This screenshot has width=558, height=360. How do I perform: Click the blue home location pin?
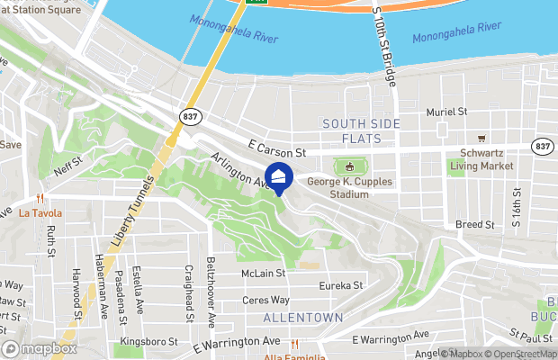[279, 178]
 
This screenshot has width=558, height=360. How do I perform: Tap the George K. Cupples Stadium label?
[337, 187]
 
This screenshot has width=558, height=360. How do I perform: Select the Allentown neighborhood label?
[303, 318]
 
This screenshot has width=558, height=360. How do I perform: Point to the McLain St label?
[263, 273]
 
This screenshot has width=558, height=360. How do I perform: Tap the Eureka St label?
[340, 285]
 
